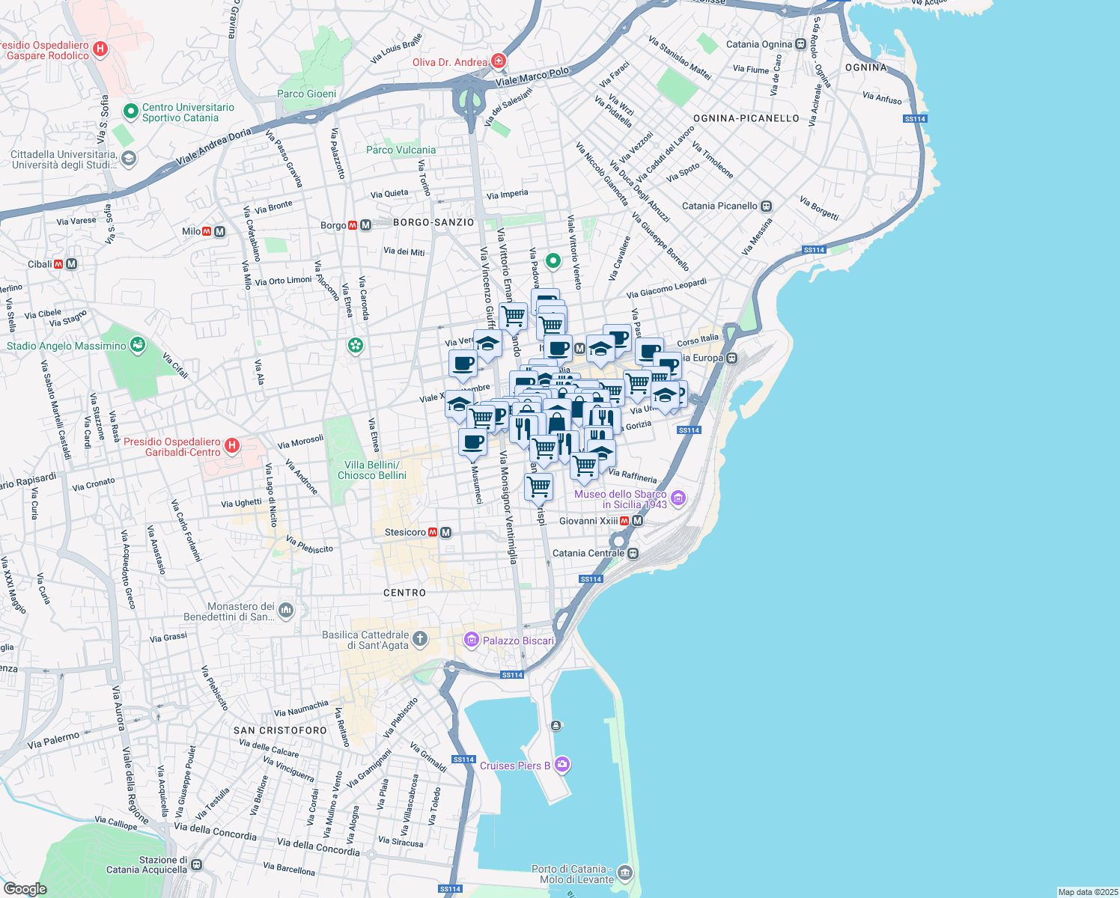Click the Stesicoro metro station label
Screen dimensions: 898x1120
pos(405,532)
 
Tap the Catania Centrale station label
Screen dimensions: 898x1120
pos(588,553)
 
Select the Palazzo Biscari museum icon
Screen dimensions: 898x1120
pos(471,639)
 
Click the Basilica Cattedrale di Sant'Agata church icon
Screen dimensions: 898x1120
pos(420,638)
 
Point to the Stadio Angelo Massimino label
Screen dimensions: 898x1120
pos(67,346)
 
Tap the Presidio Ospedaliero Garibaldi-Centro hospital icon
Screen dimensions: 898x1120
pos(232,446)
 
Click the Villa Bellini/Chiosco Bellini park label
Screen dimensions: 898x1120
pos(372,470)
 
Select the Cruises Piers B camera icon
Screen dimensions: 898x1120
pos(562,764)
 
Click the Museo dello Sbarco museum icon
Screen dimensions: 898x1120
pos(678,498)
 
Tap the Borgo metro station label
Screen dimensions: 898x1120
pos(333,225)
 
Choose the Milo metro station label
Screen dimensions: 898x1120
pos(191,231)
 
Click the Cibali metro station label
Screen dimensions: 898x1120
pos(40,264)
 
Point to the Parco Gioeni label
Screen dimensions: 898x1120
pos(307,94)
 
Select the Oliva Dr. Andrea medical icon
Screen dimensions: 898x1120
pos(499,61)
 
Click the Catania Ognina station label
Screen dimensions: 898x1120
pos(758,44)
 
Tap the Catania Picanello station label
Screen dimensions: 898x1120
pos(719,206)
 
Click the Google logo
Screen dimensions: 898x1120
pos(25,888)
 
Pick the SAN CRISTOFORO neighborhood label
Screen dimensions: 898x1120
pos(280,730)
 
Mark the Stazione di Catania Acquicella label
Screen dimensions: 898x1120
pos(147,865)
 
